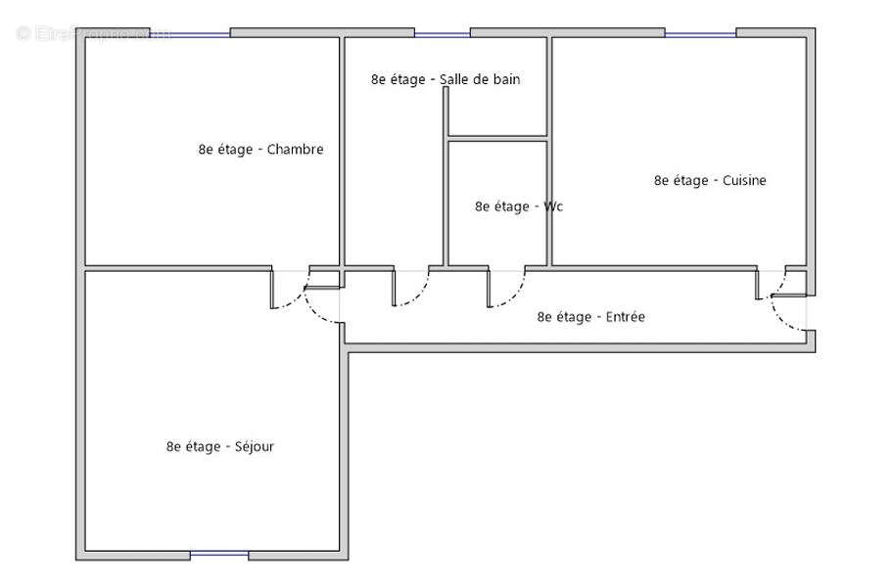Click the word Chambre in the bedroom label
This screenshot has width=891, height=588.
click(x=295, y=150)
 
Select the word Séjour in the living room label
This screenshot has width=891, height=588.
click(x=255, y=446)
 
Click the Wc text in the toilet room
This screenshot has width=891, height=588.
click(x=553, y=206)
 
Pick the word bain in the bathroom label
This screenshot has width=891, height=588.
click(x=505, y=79)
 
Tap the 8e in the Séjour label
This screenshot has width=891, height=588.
click(x=173, y=446)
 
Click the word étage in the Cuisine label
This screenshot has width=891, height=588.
click(x=694, y=180)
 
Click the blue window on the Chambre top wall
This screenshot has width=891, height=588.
click(x=190, y=33)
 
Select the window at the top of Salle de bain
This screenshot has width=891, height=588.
click(x=442, y=33)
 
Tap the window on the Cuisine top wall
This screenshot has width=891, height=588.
click(x=700, y=33)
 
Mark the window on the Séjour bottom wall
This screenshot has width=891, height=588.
click(x=219, y=555)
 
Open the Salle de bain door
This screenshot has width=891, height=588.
click(x=411, y=290)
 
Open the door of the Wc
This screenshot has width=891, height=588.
click(x=506, y=290)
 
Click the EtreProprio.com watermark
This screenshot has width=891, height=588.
click(x=93, y=33)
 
